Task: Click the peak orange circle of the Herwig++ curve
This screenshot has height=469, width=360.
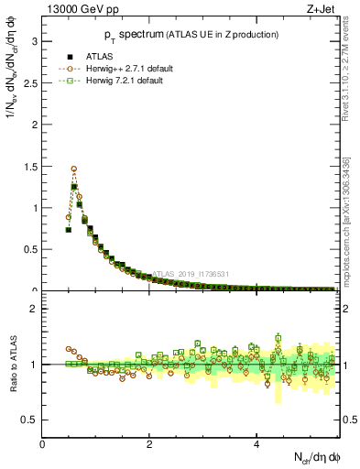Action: (73, 169)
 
